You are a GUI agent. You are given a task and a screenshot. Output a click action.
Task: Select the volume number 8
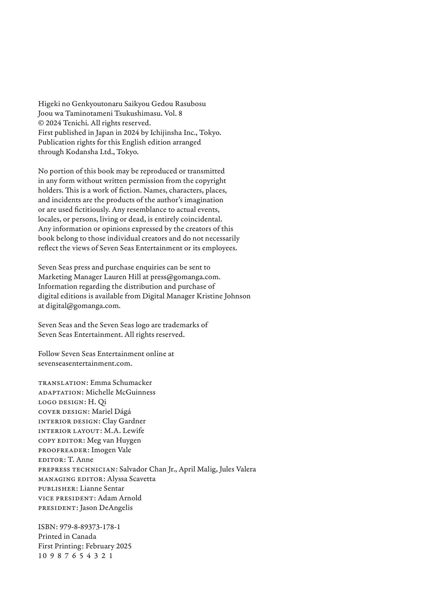tap(180, 113)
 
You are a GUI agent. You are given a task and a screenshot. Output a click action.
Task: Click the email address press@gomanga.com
tap(185, 277)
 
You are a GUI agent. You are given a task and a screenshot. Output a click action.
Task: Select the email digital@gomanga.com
tap(83, 306)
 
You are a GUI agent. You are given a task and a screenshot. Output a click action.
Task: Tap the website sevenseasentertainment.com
tap(85, 364)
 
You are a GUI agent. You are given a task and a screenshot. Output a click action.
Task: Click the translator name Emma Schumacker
tap(121, 383)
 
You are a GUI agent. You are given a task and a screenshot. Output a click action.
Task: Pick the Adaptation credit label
tap(61, 392)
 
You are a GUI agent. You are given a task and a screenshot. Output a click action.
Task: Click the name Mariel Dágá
tap(111, 411)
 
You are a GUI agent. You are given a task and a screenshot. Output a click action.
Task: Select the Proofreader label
tap(64, 450)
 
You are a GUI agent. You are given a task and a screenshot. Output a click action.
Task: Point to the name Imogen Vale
tap(111, 450)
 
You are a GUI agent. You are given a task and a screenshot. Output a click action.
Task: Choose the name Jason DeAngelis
tap(106, 508)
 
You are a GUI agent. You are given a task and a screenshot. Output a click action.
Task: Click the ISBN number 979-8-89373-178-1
tap(90, 527)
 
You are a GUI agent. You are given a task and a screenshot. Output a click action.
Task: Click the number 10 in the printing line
tap(42, 556)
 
